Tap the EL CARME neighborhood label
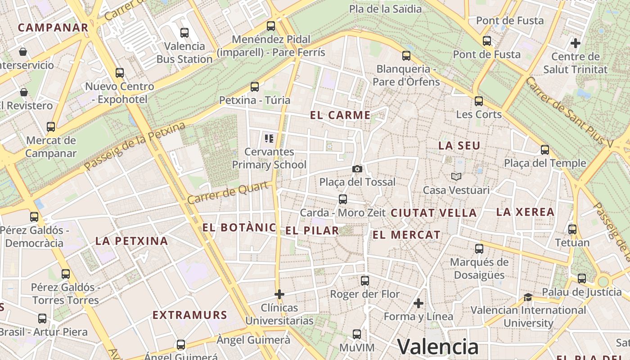(x=340, y=115)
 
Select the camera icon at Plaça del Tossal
(x=357, y=169)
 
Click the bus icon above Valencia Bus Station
(x=184, y=33)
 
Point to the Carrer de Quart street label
(x=229, y=193)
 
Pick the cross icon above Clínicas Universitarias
(x=279, y=294)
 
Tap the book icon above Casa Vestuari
(x=456, y=177)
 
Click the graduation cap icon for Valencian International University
(x=528, y=297)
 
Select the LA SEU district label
(x=459, y=146)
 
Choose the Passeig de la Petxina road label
(x=135, y=146)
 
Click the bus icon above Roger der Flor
(x=365, y=281)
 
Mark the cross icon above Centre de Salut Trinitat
(x=576, y=43)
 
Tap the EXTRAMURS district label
(x=189, y=315)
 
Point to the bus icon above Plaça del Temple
(x=545, y=150)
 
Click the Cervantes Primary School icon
(x=269, y=138)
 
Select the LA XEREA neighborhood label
(x=525, y=212)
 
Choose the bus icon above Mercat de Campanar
(x=51, y=127)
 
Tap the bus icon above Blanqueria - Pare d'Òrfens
(x=406, y=56)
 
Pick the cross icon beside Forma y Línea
(x=418, y=303)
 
